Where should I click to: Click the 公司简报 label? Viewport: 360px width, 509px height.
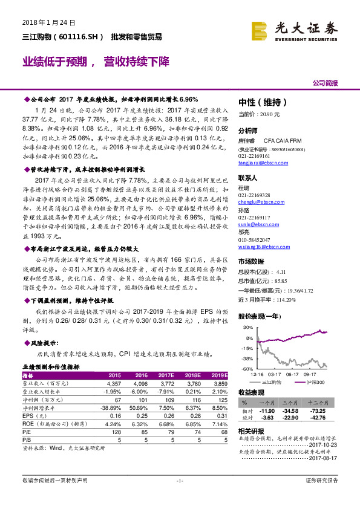click(325, 83)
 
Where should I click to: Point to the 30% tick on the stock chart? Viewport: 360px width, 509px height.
click(248, 326)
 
